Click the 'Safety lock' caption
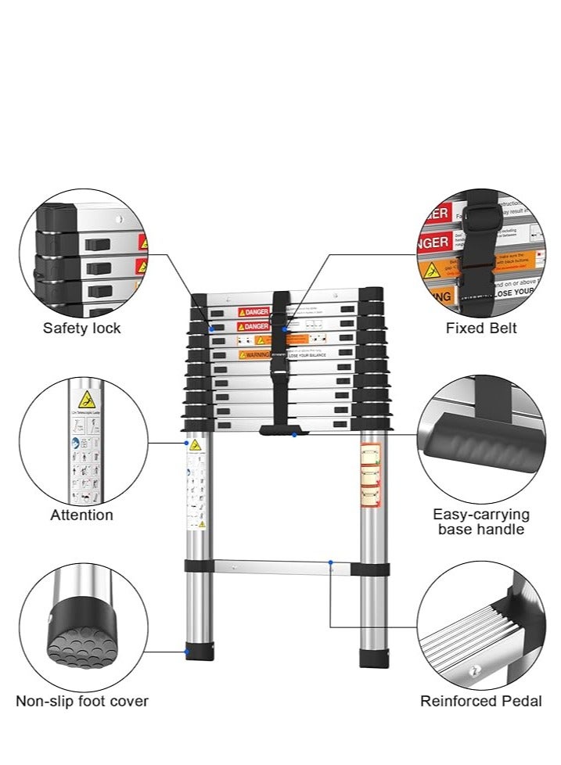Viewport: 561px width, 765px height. (x=81, y=329)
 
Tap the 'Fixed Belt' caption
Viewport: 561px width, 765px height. (x=481, y=329)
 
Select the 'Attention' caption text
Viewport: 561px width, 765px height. (x=81, y=515)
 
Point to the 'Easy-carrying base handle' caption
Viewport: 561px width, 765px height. (x=481, y=522)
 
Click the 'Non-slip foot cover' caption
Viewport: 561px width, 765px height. (x=82, y=701)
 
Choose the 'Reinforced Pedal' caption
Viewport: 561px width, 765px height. (x=481, y=701)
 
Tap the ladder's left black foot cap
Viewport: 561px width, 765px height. (x=199, y=651)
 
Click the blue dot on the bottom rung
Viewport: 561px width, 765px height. (x=332, y=562)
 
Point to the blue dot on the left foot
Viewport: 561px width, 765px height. (x=187, y=651)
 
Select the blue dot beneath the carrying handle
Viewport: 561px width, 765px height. (x=293, y=434)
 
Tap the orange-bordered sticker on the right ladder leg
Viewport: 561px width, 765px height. (x=372, y=476)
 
